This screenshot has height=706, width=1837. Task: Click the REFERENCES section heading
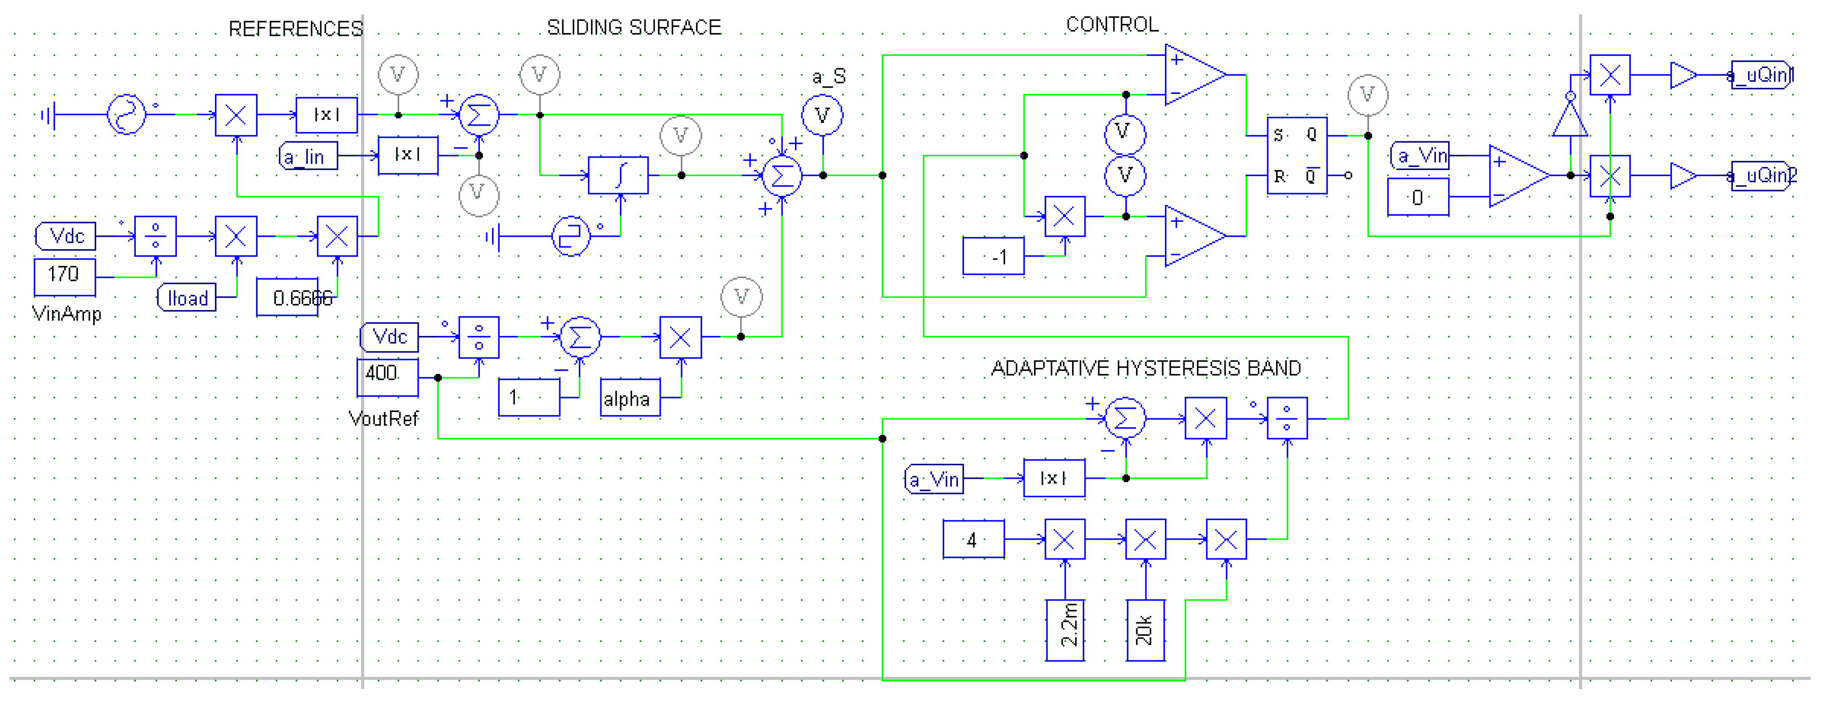tap(295, 29)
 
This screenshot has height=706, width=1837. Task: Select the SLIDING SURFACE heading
tap(633, 28)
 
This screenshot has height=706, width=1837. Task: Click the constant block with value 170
tap(64, 276)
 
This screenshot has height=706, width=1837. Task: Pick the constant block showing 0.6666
tap(287, 297)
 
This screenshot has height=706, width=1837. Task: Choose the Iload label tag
tap(187, 298)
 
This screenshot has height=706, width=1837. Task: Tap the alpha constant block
tap(630, 398)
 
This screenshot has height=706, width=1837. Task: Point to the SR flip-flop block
tap(1296, 156)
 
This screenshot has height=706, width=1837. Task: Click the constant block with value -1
tap(993, 256)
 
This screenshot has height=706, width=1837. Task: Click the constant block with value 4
tap(973, 540)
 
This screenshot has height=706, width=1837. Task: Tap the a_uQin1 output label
tap(1761, 75)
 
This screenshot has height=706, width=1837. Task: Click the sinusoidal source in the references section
tap(126, 114)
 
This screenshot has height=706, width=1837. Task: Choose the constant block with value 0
tap(1418, 197)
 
